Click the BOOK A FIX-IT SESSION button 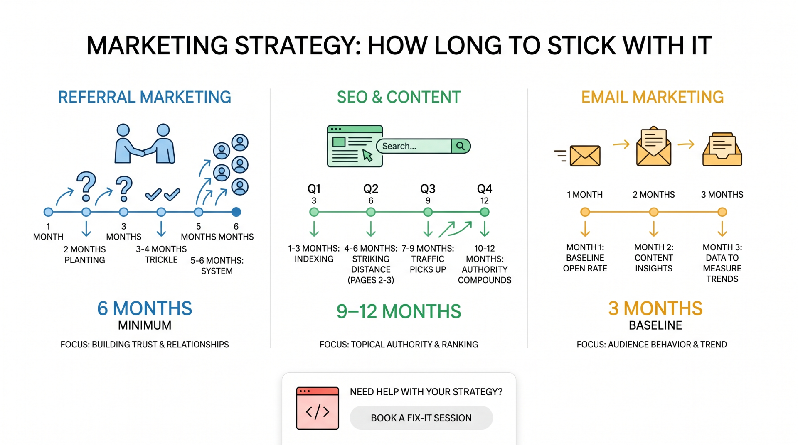421,418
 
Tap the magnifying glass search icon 461,146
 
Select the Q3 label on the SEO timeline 428,189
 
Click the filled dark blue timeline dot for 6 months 236,212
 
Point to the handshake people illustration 144,144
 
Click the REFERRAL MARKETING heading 144,97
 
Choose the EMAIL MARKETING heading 652,97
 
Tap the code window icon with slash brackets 318,408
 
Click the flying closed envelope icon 584,156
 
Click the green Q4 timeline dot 485,212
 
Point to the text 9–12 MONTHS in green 399,311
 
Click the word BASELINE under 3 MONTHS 655,325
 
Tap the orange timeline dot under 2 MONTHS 654,212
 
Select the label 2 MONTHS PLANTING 85,254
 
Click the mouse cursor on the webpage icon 367,156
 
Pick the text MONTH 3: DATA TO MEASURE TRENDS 722,263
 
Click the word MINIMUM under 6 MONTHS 145,325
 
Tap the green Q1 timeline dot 314,212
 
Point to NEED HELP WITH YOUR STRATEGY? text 426,392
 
